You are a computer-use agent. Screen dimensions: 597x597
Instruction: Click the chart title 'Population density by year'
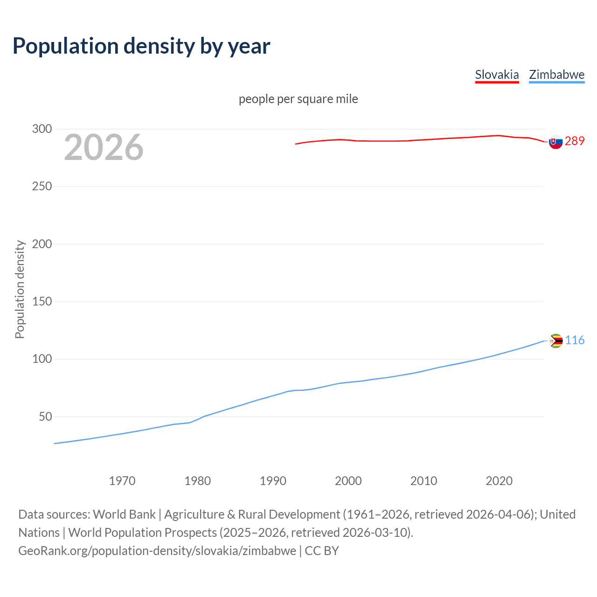point(141,46)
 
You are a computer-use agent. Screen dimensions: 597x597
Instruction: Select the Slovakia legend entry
point(497,75)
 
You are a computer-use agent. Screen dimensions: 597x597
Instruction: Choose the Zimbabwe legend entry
point(556,75)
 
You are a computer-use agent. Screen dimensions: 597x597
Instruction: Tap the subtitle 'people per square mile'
point(298,99)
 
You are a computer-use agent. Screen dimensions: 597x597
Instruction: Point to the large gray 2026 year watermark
point(104,147)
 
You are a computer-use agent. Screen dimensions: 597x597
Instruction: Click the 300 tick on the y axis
point(42,129)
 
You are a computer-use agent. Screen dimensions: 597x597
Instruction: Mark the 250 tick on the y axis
point(42,186)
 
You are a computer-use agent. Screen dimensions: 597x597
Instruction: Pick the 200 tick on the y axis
point(42,244)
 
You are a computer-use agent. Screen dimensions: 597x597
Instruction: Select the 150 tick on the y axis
point(42,301)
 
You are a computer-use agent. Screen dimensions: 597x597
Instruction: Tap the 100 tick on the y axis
point(42,359)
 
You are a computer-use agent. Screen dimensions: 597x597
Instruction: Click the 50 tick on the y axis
point(45,417)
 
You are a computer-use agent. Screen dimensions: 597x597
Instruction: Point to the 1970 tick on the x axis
point(122,480)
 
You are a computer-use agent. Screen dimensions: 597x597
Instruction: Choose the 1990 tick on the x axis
point(273,480)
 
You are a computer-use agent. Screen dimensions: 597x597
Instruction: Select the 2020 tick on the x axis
point(499,480)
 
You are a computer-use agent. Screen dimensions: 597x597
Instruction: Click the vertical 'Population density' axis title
point(20,289)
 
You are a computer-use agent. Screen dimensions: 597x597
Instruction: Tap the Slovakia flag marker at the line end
point(555,142)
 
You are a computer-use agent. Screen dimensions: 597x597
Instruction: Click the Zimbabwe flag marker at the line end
point(555,341)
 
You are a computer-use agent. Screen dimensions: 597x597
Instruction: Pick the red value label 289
point(575,141)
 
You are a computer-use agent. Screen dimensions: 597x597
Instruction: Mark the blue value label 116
point(575,340)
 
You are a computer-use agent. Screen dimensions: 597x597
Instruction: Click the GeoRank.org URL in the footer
point(157,550)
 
